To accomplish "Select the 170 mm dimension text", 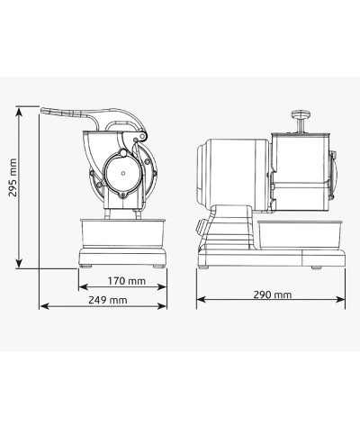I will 123,281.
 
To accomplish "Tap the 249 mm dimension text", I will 106,299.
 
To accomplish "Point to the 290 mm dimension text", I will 273,293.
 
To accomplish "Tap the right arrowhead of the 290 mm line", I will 343,300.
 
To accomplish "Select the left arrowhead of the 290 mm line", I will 198,300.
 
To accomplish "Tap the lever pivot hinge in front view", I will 138,135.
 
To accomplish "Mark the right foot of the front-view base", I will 158,266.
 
